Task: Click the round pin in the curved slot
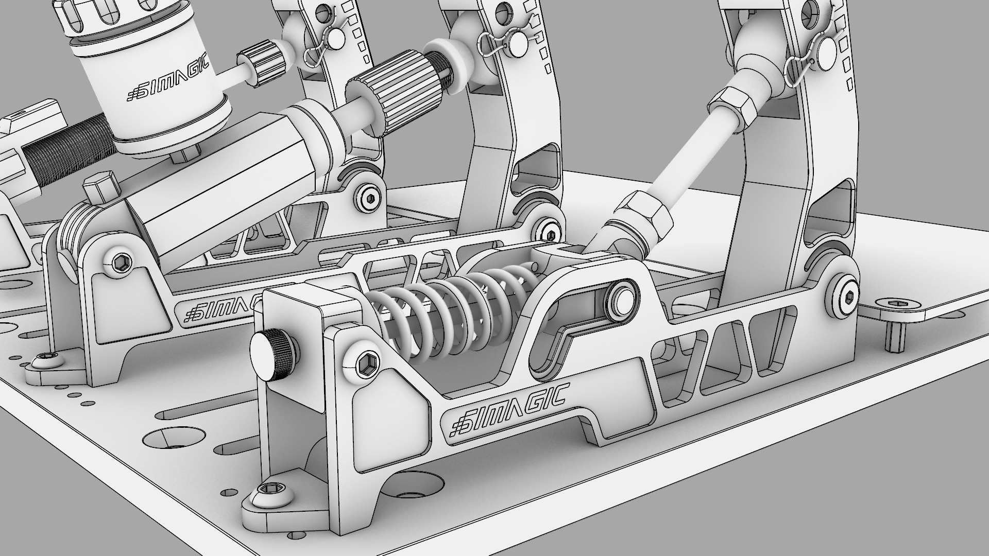pos(621,299)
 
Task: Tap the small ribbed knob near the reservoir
pos(263,65)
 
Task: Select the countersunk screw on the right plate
pos(897,305)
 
